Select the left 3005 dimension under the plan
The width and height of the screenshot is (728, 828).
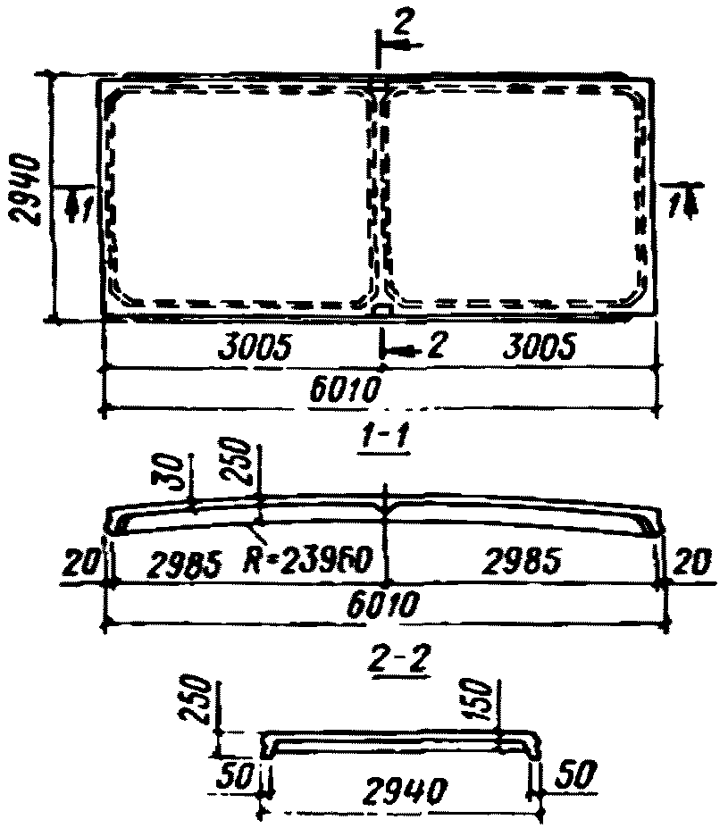point(255,347)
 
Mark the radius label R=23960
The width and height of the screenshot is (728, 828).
point(312,562)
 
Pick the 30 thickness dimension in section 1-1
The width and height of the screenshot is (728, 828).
point(178,474)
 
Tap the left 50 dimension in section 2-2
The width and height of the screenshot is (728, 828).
point(238,774)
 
